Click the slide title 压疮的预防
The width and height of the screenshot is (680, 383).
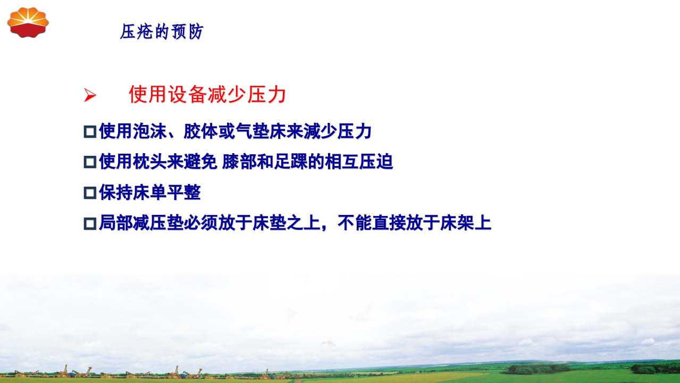pyautogui.click(x=162, y=32)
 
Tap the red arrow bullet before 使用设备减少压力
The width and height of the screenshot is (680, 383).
pyautogui.click(x=90, y=96)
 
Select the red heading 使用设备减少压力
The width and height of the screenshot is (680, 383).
pyautogui.click(x=207, y=95)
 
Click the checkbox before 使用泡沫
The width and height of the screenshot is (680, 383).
pyautogui.click(x=90, y=131)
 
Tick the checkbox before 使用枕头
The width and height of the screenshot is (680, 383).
pyautogui.click(x=90, y=162)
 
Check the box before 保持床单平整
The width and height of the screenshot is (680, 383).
pyautogui.click(x=90, y=193)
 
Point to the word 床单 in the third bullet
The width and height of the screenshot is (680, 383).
pyautogui.click(x=150, y=193)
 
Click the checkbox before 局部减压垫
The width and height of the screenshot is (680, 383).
pyautogui.click(x=90, y=223)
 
